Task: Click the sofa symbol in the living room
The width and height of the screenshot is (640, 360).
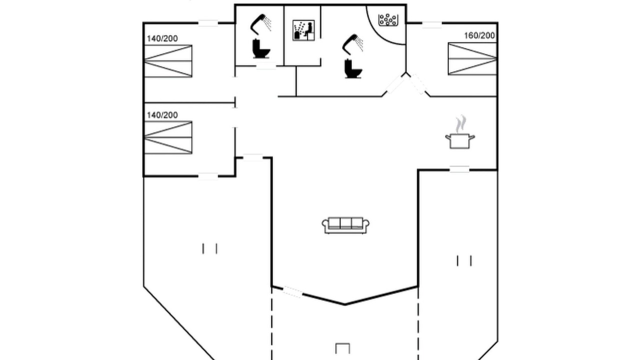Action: (345, 225)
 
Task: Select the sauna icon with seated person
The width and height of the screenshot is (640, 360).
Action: (303, 30)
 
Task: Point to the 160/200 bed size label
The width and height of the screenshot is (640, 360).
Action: (479, 35)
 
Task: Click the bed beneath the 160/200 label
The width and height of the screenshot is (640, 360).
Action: (472, 59)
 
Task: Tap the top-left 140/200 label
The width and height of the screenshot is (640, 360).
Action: (162, 38)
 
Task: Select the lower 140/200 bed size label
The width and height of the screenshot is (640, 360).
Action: (162, 115)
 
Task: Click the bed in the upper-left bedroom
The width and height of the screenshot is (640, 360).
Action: (168, 61)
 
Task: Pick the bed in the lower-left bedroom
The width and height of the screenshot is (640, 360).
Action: (168, 137)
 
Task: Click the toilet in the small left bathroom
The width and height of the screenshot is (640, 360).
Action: (261, 49)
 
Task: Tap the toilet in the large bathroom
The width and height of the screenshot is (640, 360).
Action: (353, 68)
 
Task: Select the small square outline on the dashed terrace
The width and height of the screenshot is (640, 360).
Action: (342, 348)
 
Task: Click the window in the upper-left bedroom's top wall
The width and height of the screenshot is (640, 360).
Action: (208, 23)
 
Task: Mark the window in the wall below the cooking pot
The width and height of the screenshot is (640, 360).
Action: (459, 169)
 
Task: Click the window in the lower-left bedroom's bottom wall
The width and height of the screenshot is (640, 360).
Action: (208, 176)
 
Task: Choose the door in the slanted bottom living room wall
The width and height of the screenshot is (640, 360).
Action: (293, 291)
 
